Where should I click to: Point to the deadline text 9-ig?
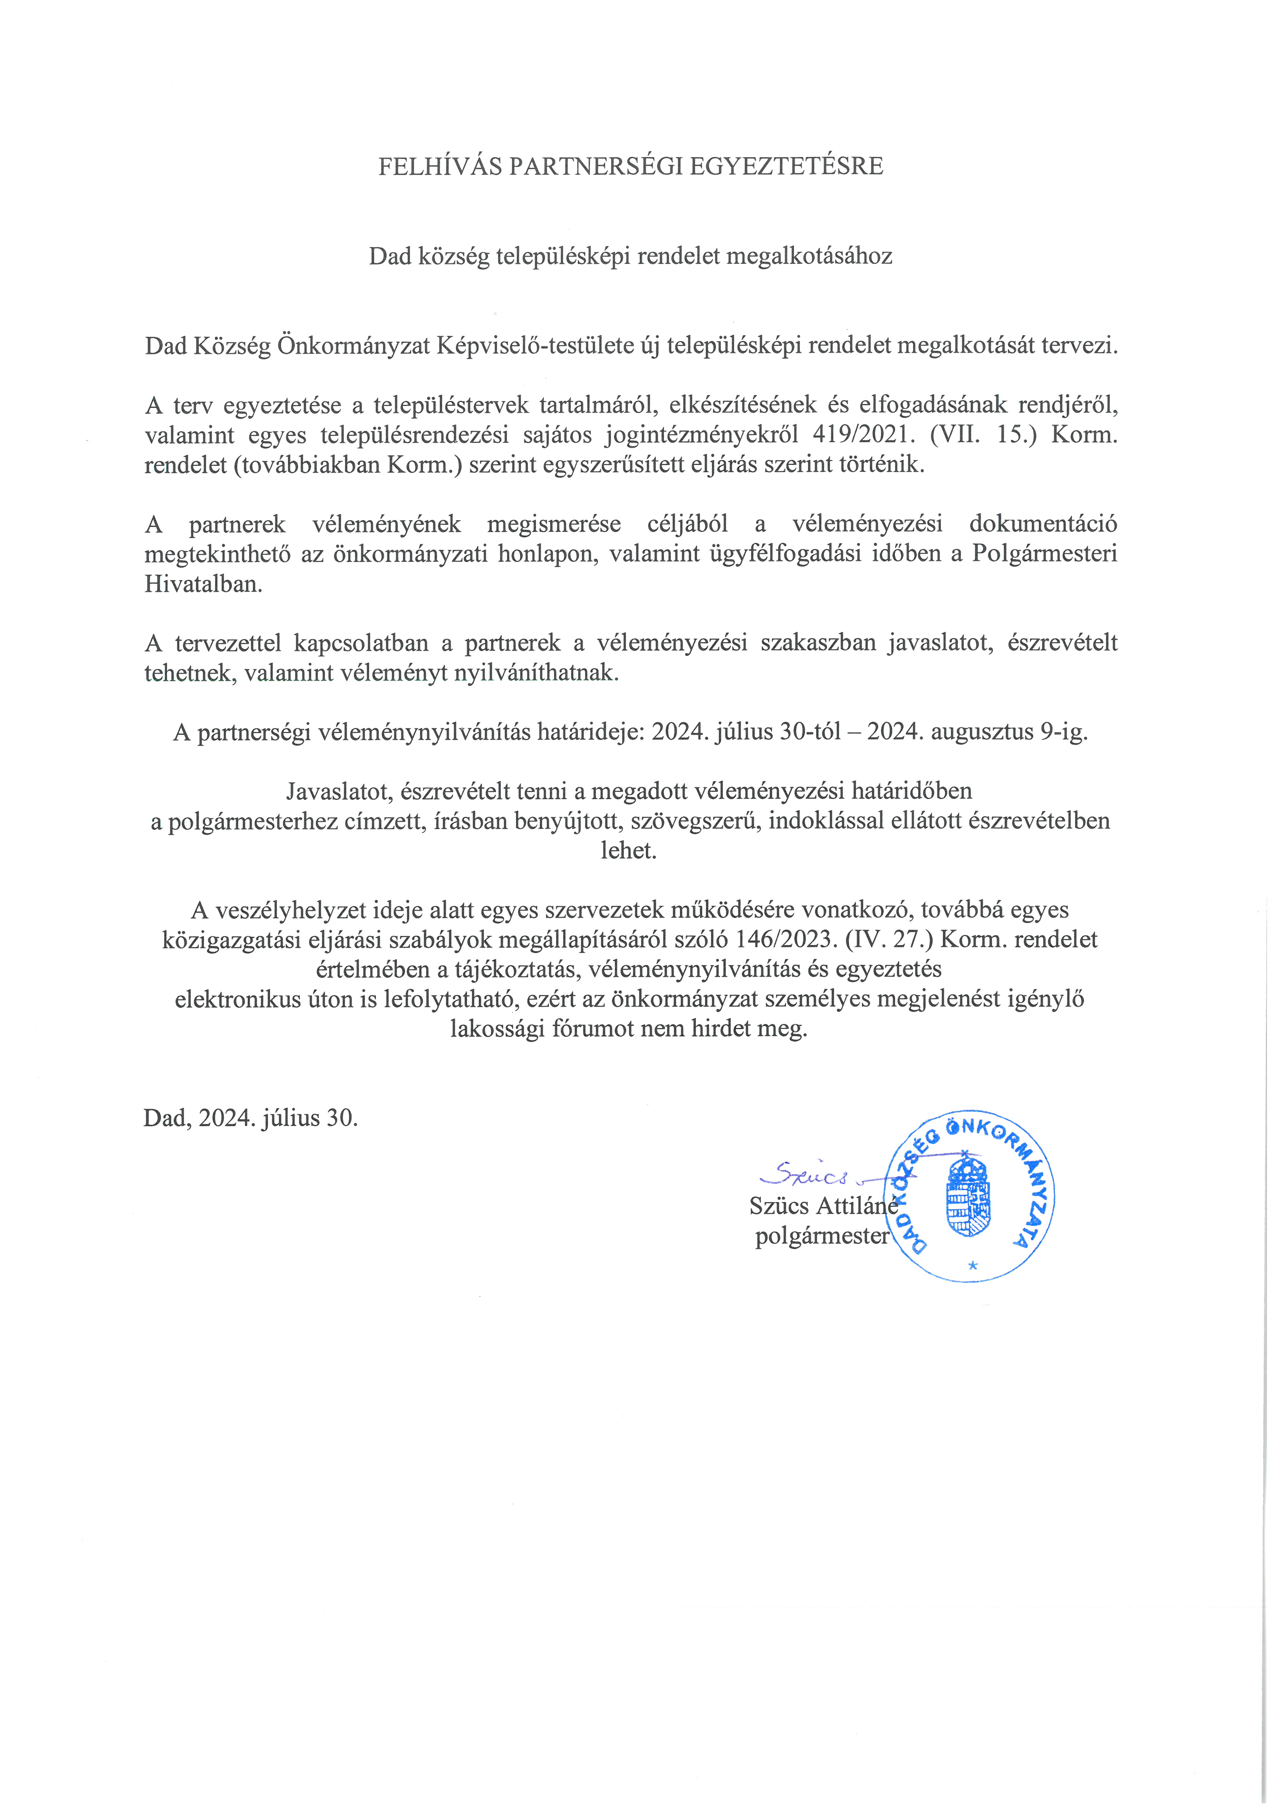pos(1064,732)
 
